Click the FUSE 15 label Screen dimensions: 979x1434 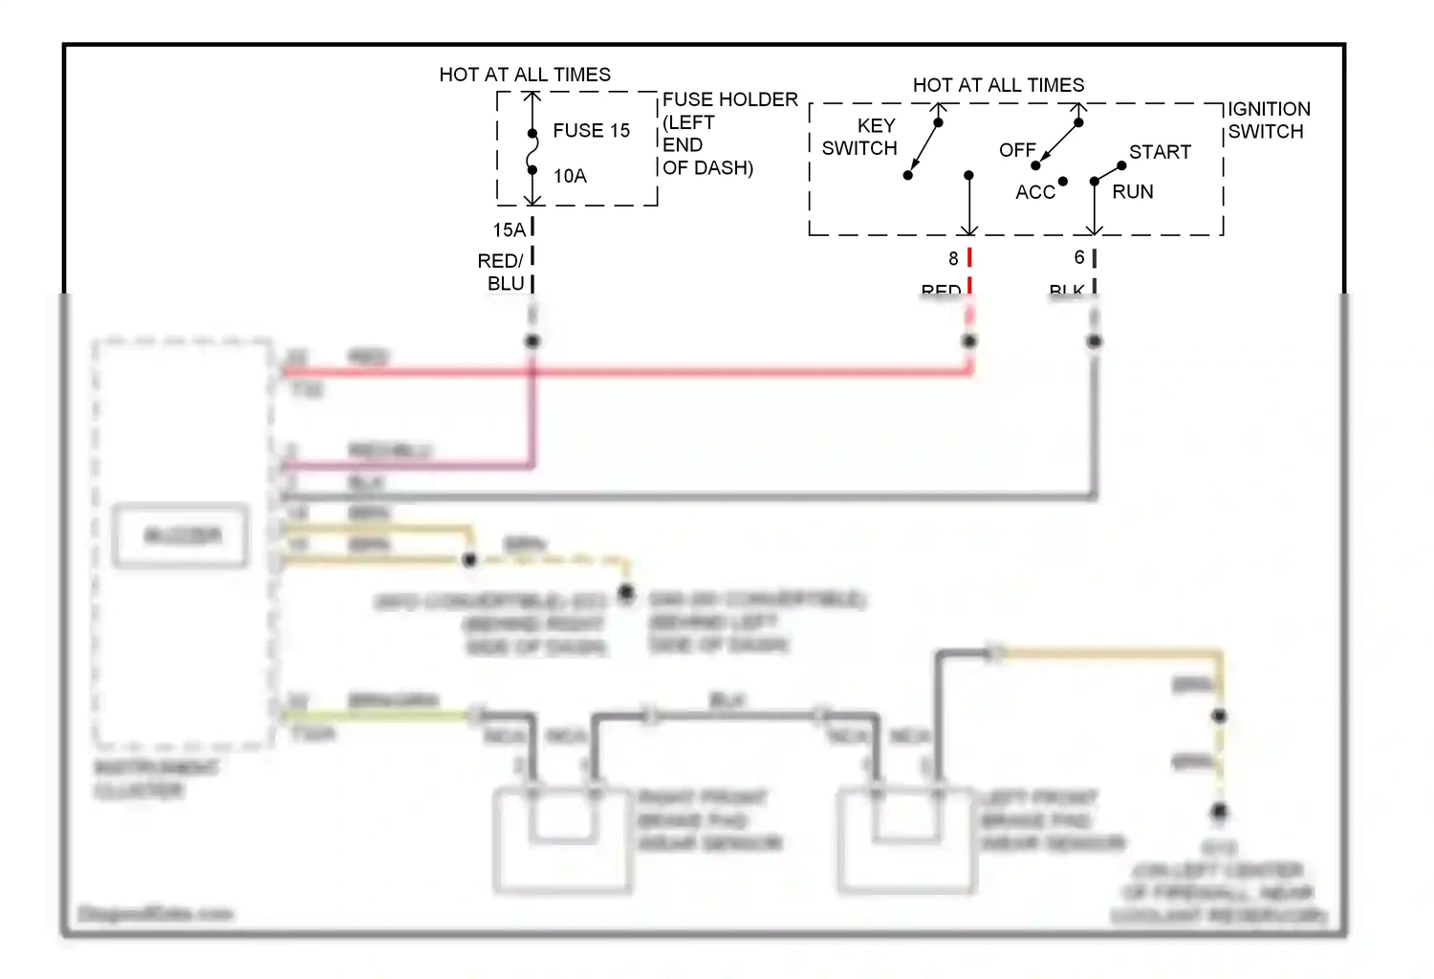(x=591, y=131)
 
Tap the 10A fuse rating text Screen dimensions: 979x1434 (x=570, y=176)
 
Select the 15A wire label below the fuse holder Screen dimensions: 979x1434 (x=509, y=230)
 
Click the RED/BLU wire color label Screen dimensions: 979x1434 (x=502, y=272)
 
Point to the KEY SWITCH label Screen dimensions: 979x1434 (x=860, y=137)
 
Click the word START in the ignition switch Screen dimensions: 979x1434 (x=1160, y=152)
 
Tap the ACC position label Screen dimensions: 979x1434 (x=1034, y=192)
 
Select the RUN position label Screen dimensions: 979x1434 (x=1132, y=192)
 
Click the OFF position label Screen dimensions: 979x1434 (x=1016, y=151)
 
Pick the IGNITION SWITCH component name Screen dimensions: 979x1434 (x=1268, y=120)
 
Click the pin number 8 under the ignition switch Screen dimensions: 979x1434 (x=953, y=259)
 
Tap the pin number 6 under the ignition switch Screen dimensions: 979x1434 (x=1079, y=258)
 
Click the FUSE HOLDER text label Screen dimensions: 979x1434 (x=729, y=99)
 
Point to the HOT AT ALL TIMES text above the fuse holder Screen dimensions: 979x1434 (x=525, y=75)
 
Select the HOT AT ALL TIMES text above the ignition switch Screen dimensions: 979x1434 (x=998, y=85)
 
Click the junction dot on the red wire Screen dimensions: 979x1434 (x=969, y=341)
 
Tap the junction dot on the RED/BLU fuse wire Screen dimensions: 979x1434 (x=532, y=341)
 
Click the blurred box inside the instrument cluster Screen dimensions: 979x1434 (x=182, y=536)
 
